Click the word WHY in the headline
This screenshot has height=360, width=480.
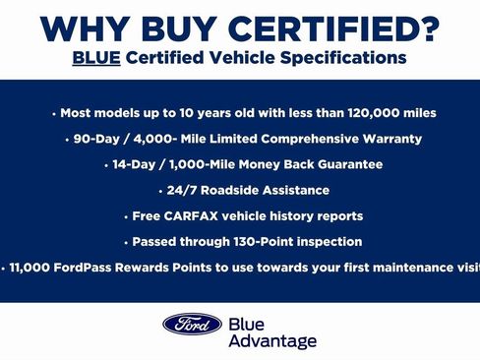tap(87, 29)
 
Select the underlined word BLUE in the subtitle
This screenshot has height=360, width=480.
tap(95, 58)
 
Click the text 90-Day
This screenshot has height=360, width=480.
tap(95, 139)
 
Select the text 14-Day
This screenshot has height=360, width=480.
tap(134, 164)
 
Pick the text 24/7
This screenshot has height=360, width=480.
tap(183, 190)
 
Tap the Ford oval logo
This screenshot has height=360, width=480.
tap(192, 324)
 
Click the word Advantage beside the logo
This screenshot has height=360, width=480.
tap(272, 341)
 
